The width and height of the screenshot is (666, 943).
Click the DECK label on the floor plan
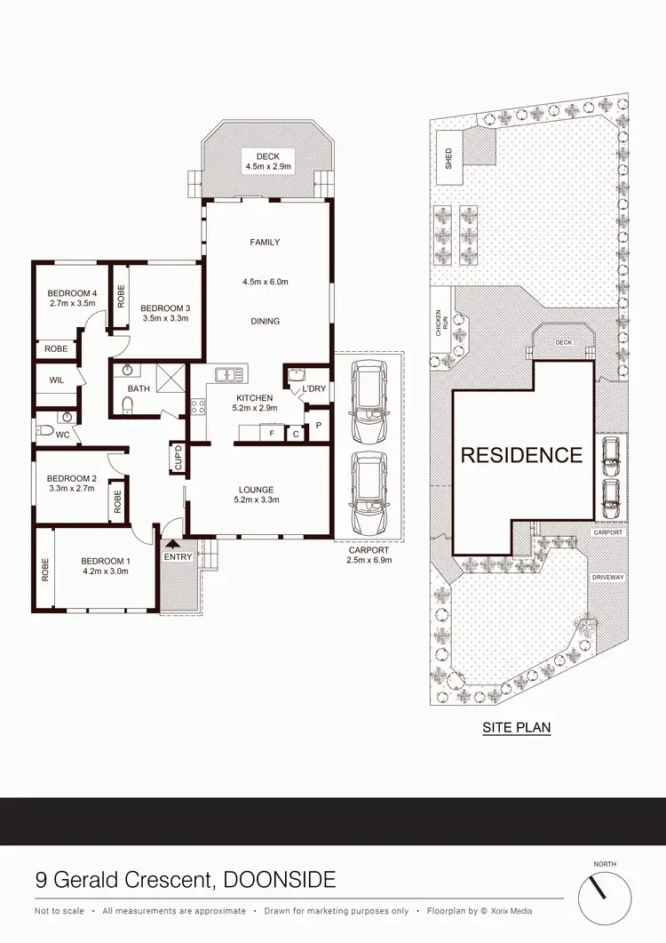coord(268,157)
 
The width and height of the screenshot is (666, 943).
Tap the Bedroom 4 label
coord(72,293)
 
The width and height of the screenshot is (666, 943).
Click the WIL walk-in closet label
coord(57,380)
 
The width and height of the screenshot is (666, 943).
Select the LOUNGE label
coord(256,490)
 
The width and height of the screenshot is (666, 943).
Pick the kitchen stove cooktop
coord(198,407)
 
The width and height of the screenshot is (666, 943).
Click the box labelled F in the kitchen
coord(272,434)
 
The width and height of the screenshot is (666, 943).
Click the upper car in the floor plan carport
coord(369,402)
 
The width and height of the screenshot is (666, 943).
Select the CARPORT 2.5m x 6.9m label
coord(369,555)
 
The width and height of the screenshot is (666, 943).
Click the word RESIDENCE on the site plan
coord(521,455)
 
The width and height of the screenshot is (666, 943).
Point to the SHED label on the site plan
coord(449,158)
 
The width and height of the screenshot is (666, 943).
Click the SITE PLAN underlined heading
coord(516,727)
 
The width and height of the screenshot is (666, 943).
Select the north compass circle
coord(609,898)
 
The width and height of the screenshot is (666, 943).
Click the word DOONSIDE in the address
coord(280,881)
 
